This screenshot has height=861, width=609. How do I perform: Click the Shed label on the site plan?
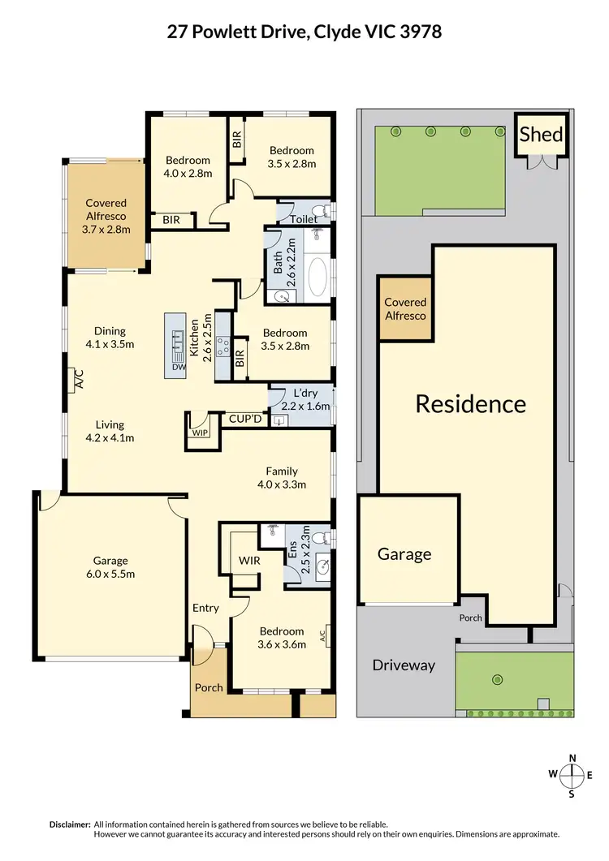pos(541,134)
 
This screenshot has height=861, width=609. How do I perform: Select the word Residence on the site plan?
pos(470,403)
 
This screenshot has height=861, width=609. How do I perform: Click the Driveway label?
pos(404,665)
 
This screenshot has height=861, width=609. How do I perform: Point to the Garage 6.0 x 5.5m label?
pos(110,567)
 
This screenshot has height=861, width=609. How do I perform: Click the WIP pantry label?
pos(200,433)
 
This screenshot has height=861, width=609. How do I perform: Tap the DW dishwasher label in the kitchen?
pos(179,368)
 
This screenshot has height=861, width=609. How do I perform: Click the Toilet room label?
pos(304,219)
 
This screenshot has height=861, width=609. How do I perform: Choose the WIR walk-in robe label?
pos(249,560)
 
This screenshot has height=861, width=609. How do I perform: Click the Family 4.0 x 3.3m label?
pos(281,478)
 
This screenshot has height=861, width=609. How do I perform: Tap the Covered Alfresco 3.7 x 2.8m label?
pos(106,217)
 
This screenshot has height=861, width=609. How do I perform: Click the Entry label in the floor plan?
pos(205,608)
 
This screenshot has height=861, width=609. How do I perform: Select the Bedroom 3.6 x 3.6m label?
pos(282,638)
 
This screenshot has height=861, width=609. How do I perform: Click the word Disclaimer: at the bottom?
pos(70,824)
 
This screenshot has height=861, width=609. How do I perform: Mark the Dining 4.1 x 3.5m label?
pos(110,338)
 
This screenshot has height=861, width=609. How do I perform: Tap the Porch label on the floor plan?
pos(209,687)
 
